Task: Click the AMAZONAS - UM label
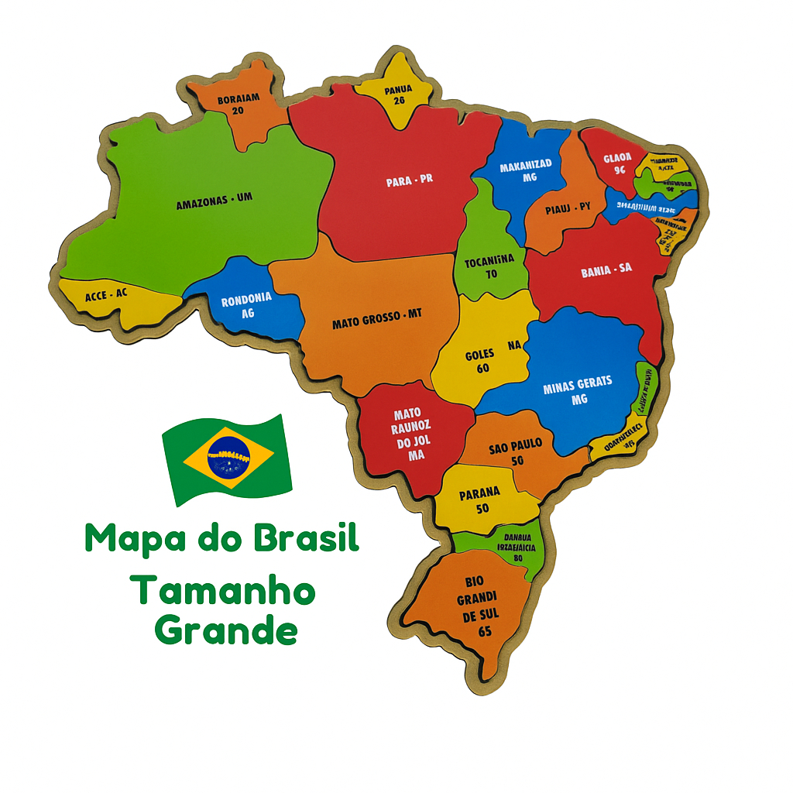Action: coord(215,201)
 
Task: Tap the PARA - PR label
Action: coord(410,180)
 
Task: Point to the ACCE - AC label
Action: coord(106,294)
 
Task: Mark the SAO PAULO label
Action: coord(516,448)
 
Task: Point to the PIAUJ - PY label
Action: coord(568,207)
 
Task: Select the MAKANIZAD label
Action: coord(526,166)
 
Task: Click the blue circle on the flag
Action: coord(228,459)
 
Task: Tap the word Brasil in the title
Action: coord(307,538)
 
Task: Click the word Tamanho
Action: coord(223,592)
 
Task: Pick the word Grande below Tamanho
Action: coord(225,631)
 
